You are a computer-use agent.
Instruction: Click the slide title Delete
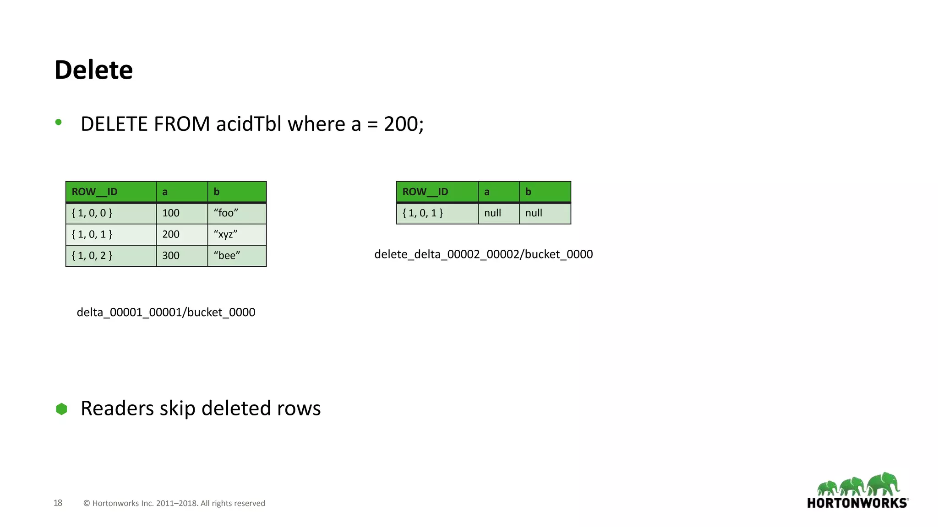[x=93, y=70]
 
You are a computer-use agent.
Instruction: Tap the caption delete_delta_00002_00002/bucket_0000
[x=484, y=254]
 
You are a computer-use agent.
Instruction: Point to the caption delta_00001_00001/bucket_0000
[x=166, y=312]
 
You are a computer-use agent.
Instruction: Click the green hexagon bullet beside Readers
[x=61, y=409]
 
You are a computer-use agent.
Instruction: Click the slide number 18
[x=58, y=503]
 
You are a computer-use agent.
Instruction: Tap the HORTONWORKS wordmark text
[x=857, y=503]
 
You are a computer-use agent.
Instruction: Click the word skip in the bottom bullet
[x=177, y=409]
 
